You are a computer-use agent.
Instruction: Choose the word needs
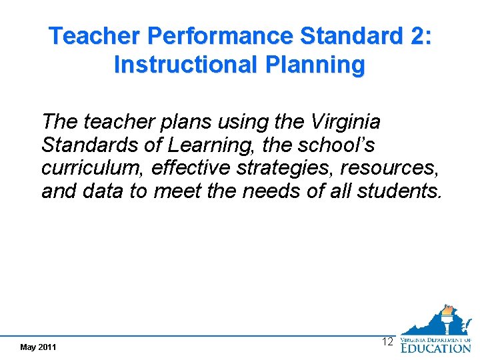click(x=271, y=191)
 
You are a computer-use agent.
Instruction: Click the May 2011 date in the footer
click(x=39, y=347)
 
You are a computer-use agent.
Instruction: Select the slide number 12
click(x=387, y=342)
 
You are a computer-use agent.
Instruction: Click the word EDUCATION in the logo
click(x=435, y=347)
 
